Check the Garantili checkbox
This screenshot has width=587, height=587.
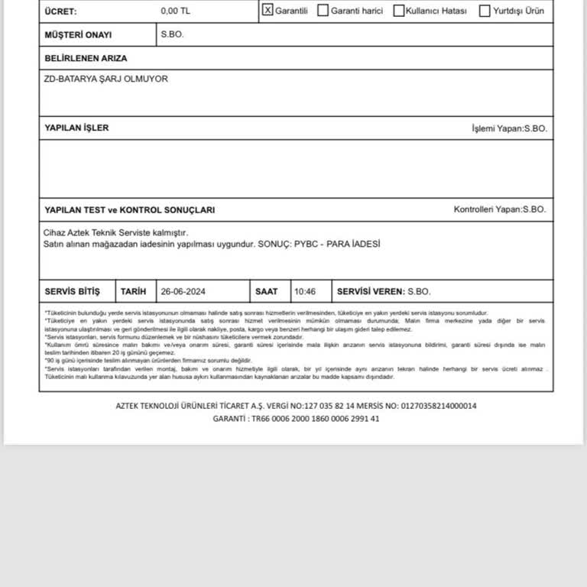pyautogui.click(x=268, y=11)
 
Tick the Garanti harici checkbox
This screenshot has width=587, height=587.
pyautogui.click(x=323, y=11)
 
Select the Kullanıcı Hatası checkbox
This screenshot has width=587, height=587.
pyautogui.click(x=399, y=11)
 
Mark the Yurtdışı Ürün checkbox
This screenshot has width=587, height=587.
pyautogui.click(x=485, y=11)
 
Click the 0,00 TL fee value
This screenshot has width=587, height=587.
pyautogui.click(x=175, y=11)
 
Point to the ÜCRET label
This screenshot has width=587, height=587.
pyautogui.click(x=61, y=12)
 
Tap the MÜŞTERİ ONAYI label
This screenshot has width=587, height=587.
pyautogui.click(x=78, y=35)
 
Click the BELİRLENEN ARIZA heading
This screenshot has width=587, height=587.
pyautogui.click(x=86, y=58)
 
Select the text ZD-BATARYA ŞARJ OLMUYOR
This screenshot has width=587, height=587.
pyautogui.click(x=105, y=79)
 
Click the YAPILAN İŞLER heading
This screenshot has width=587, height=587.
pyautogui.click(x=76, y=128)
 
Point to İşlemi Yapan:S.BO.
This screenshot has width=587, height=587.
pyautogui.click(x=509, y=128)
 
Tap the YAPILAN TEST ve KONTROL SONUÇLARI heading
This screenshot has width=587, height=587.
pyautogui.click(x=129, y=209)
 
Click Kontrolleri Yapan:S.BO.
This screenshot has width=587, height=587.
pyautogui.click(x=500, y=209)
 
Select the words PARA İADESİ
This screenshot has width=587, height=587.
pyautogui.click(x=353, y=244)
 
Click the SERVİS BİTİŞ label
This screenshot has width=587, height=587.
pyautogui.click(x=73, y=291)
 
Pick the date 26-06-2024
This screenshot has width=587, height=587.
pyautogui.click(x=183, y=291)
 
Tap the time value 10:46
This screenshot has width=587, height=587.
pyautogui.click(x=305, y=291)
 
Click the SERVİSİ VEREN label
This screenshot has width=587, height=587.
pyautogui.click(x=370, y=291)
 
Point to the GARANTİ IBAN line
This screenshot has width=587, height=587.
pyautogui.click(x=296, y=419)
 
